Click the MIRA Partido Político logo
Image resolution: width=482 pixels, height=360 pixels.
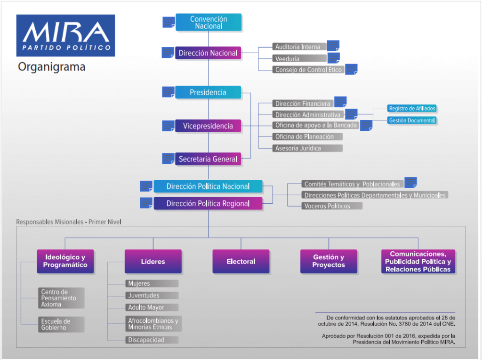65,36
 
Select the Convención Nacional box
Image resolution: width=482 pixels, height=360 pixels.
209,23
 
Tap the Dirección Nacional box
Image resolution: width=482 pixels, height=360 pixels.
208,53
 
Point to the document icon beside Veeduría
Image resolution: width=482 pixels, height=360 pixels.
334,58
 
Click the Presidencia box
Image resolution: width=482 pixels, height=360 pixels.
208,93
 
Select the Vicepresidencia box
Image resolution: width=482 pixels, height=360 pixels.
208,126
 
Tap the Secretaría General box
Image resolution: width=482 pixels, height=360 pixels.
208,159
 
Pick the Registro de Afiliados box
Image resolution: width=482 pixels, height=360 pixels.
412,109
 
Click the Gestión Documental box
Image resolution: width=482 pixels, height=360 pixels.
412,120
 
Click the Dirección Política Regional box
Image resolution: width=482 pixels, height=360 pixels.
208,204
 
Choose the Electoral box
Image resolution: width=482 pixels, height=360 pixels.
241,262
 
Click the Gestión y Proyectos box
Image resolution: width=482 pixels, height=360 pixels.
329,262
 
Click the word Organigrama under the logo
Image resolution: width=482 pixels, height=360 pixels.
52,67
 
